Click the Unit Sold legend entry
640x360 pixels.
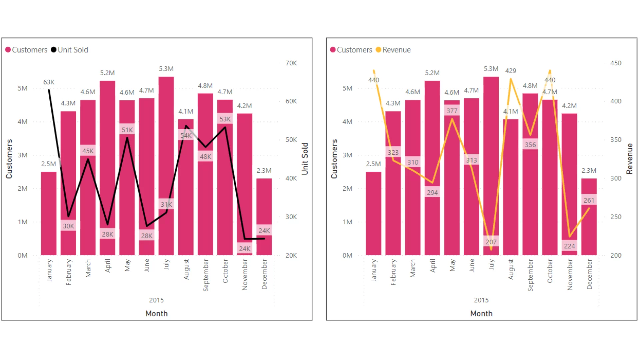click(x=70, y=50)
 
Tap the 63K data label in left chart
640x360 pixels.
click(x=49, y=82)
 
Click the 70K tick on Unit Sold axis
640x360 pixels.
click(x=291, y=63)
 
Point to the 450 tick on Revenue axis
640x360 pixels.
click(x=616, y=63)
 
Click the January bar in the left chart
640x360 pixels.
click(x=49, y=213)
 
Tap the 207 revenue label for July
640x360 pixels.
click(x=491, y=242)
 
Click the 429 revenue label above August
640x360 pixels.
click(x=510, y=71)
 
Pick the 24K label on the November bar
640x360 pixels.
click(x=244, y=248)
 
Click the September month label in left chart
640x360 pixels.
click(x=206, y=275)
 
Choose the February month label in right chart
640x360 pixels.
click(x=393, y=272)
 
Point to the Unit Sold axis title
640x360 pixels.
click(x=305, y=159)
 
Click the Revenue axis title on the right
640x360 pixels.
click(x=629, y=159)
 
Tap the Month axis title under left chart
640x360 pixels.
click(x=156, y=313)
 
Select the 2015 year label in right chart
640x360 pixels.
click(x=481, y=300)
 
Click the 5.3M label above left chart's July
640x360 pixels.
click(x=166, y=69)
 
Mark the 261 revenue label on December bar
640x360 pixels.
click(x=589, y=200)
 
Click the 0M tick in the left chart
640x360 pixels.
click(x=23, y=255)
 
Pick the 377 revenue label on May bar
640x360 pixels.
click(x=452, y=111)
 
